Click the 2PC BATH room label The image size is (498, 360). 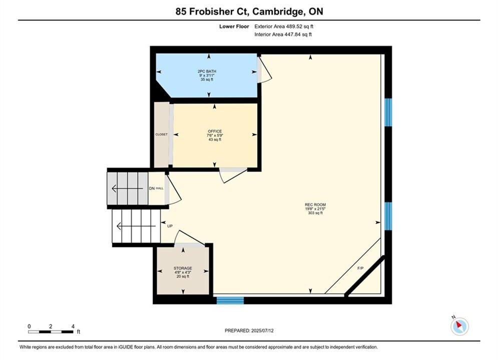[x=207, y=71]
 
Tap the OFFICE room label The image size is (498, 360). [x=215, y=131]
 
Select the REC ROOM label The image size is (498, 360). [x=315, y=205]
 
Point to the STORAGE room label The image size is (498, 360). [x=183, y=268]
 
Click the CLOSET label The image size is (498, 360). [x=161, y=134]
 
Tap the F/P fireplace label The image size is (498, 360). [x=360, y=268]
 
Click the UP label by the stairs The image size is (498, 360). [x=170, y=226]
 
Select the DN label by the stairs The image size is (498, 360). [x=152, y=188]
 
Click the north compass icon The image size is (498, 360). [x=459, y=325]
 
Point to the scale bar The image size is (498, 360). [x=51, y=332]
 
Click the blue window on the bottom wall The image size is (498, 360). [x=230, y=300]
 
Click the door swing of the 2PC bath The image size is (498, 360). [x=265, y=70]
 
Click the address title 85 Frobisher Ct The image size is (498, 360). [x=213, y=11]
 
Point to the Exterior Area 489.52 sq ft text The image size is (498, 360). [x=284, y=26]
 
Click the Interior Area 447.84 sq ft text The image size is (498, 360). [x=283, y=34]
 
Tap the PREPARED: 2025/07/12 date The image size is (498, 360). [x=249, y=330]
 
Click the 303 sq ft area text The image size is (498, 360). [x=315, y=213]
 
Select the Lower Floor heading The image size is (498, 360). [x=234, y=26]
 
